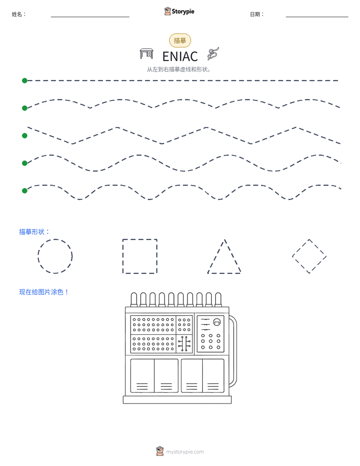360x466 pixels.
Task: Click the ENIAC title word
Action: [180, 56]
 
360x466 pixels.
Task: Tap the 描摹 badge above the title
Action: [180, 40]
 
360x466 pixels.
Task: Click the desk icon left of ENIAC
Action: [146, 54]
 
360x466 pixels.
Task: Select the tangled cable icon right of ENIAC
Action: [213, 53]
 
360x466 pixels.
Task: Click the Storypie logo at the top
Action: [179, 11]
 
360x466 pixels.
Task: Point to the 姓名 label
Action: [19, 14]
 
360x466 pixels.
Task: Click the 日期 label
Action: [257, 14]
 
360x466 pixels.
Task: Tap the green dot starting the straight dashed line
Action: [25, 81]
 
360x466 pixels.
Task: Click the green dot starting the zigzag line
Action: [25, 136]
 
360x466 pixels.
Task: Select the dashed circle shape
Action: [55, 240]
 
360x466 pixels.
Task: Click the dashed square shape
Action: [140, 240]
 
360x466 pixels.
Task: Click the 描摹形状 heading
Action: [34, 232]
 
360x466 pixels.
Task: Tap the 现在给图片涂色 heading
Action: [44, 292]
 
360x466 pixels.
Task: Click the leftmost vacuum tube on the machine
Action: [134, 299]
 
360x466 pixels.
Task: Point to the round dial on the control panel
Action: [217, 322]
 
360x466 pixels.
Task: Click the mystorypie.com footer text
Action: [185, 452]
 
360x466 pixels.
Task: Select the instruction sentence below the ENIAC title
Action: [179, 70]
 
